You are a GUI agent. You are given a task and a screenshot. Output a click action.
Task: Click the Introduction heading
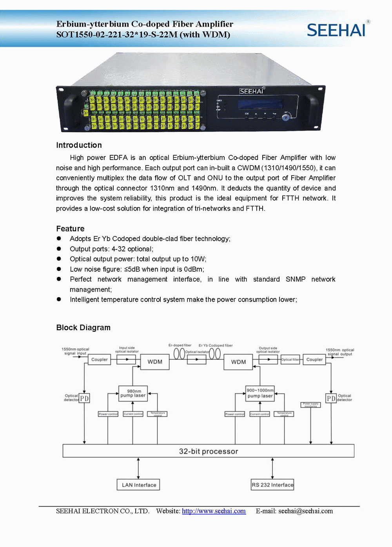click(x=79, y=145)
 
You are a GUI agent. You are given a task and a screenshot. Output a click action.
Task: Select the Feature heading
click(x=70, y=229)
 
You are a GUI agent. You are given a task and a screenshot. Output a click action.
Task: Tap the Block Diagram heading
click(x=83, y=327)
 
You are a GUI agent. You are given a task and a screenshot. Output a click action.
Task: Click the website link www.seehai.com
click(x=214, y=511)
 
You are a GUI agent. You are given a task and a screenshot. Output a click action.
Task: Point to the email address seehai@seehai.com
click(x=305, y=511)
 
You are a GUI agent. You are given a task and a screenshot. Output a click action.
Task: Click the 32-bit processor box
click(x=208, y=451)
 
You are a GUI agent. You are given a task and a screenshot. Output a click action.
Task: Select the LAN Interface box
click(x=138, y=485)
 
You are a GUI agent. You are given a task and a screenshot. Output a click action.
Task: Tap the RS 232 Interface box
click(x=272, y=485)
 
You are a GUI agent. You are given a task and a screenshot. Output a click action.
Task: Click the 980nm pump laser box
click(x=133, y=393)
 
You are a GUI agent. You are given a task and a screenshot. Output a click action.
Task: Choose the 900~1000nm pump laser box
click(x=260, y=393)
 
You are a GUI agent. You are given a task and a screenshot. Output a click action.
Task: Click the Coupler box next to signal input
click(x=99, y=359)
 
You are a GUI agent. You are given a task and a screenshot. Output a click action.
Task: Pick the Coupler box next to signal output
click(x=314, y=359)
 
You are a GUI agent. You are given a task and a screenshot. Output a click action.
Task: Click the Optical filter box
click(x=290, y=359)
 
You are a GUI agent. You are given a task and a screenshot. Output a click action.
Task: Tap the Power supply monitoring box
click(x=310, y=405)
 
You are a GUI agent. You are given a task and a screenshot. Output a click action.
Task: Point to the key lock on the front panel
click(x=286, y=117)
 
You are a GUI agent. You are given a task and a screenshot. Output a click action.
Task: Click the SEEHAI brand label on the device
click(x=252, y=91)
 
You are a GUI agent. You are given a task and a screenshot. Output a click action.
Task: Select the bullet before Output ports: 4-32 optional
click(x=59, y=249)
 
